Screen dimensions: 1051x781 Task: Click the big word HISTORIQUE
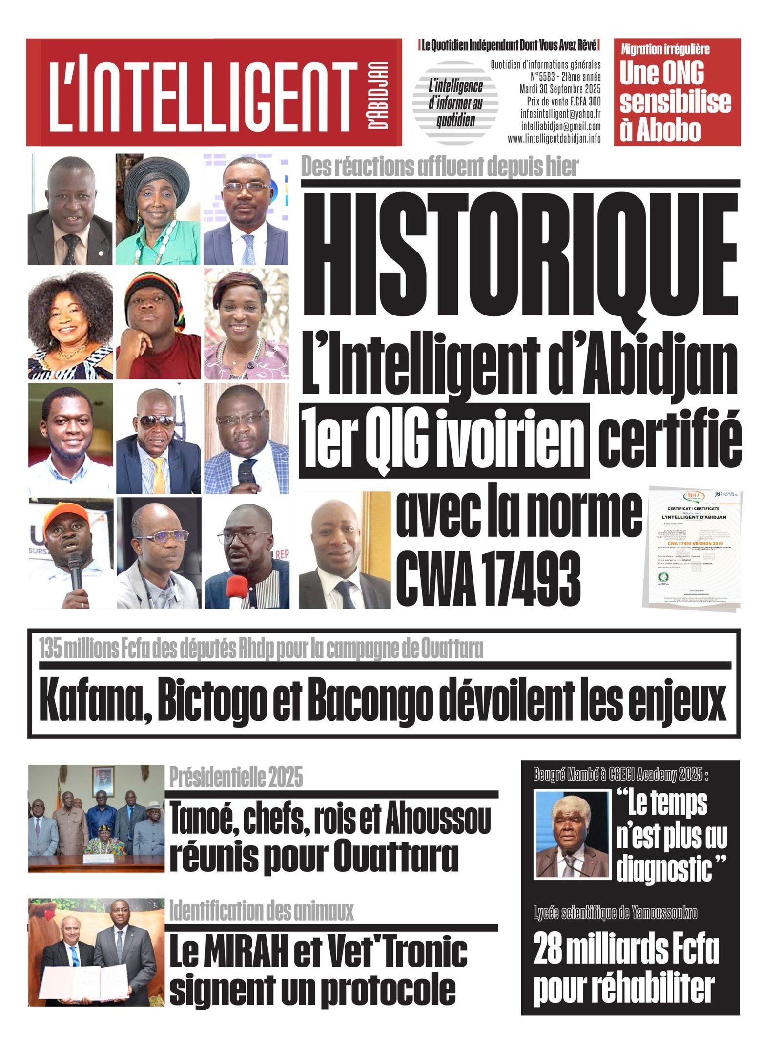click(520, 256)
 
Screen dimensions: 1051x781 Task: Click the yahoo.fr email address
click(560, 114)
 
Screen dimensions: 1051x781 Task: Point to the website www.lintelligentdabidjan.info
click(554, 139)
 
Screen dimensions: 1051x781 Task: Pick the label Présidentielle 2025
click(236, 777)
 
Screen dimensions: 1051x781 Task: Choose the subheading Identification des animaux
click(261, 911)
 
